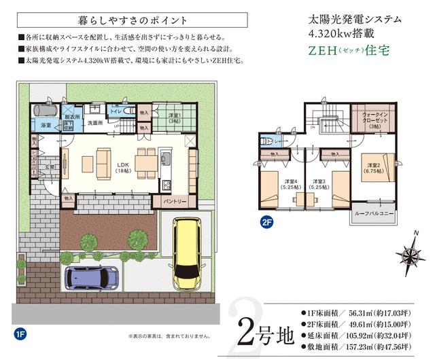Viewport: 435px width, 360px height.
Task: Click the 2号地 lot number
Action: [x=265, y=327]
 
